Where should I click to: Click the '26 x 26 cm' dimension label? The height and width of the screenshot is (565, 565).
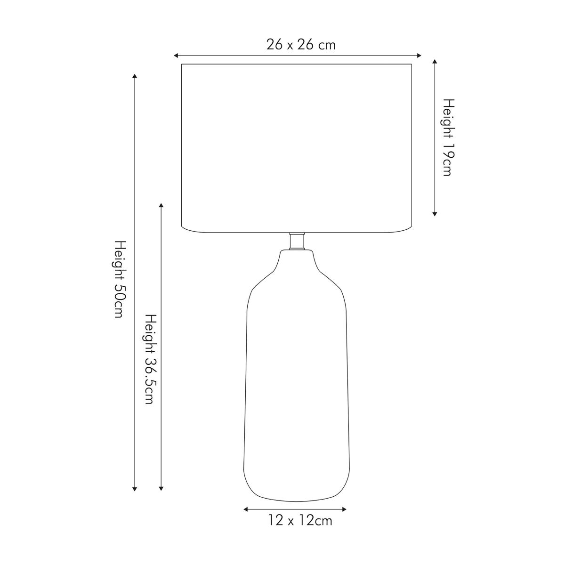[x=301, y=45]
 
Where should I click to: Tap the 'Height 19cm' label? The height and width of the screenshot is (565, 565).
[x=448, y=137]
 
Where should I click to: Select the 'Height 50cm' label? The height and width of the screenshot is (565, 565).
[x=120, y=279]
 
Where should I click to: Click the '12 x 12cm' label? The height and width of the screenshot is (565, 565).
[x=300, y=520]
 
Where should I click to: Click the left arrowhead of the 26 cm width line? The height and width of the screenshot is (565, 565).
[x=176, y=56]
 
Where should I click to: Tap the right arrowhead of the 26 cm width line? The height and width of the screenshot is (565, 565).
[x=419, y=56]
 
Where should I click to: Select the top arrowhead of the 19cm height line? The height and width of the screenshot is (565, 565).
[x=435, y=62]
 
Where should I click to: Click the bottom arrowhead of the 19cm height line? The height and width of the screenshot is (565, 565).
[x=435, y=214]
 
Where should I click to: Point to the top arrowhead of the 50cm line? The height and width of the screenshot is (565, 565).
[x=135, y=76]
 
